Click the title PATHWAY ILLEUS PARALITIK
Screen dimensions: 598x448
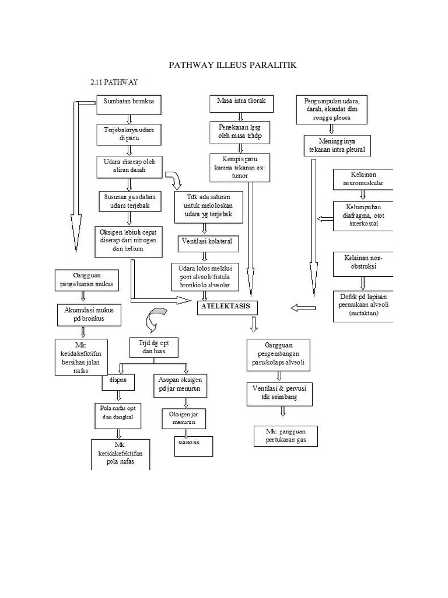pos(232,65)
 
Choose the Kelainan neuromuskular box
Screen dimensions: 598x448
pos(363,179)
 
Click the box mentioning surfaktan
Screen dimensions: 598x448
pos(363,305)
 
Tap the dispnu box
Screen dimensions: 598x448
pos(118,383)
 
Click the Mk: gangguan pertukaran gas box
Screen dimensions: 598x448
pos(285,436)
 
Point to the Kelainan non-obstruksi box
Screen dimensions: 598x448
pos(363,263)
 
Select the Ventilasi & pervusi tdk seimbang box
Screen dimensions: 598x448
pos(279,394)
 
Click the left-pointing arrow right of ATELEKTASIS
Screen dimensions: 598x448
pos(302,308)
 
